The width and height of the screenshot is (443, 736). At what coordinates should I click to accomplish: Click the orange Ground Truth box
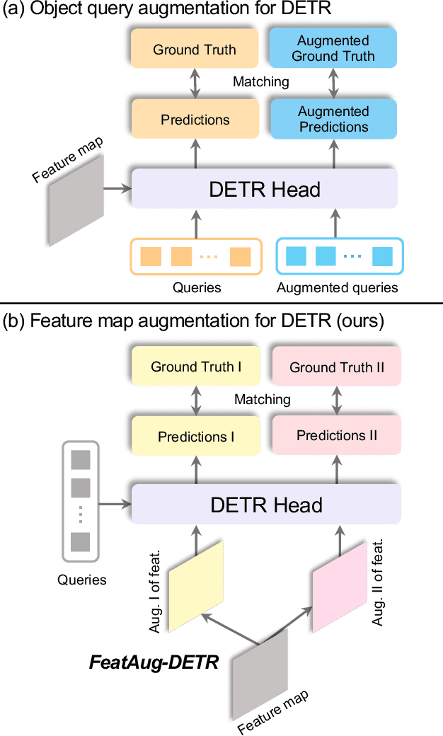click(195, 50)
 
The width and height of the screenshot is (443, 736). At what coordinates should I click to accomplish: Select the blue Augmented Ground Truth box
click(333, 49)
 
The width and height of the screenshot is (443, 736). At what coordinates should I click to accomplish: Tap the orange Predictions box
click(195, 120)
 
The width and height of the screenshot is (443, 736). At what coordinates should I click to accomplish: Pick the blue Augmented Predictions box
click(333, 119)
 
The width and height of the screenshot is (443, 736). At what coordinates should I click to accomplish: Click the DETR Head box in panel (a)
click(265, 190)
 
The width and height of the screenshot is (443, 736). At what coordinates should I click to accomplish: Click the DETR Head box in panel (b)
click(266, 505)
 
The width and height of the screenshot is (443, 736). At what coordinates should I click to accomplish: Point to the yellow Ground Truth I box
click(196, 367)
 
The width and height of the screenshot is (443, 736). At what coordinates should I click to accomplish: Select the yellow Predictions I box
click(196, 437)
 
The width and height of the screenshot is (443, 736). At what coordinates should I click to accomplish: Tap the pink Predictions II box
click(336, 435)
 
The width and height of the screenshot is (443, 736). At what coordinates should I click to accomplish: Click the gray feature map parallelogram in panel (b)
click(260, 676)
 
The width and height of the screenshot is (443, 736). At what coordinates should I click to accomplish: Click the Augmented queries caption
click(337, 288)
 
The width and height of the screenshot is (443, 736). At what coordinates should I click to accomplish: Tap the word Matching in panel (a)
click(261, 82)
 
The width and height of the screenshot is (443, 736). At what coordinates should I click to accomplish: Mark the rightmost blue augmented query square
click(382, 256)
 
